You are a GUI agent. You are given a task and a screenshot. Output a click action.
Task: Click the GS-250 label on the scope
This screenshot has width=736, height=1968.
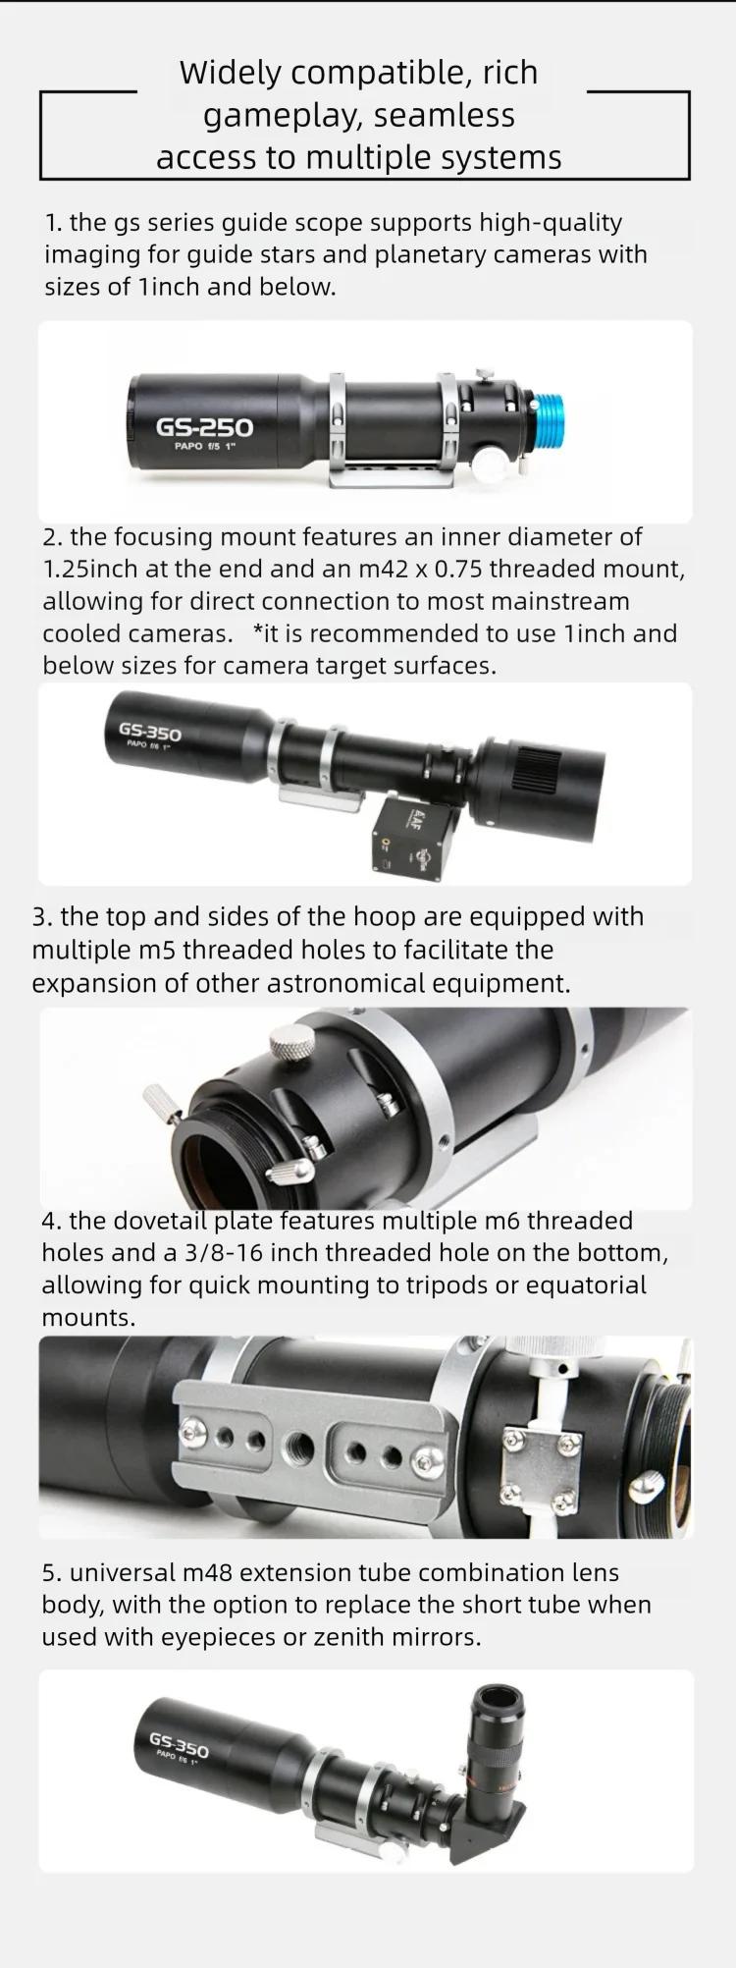pyautogui.click(x=204, y=427)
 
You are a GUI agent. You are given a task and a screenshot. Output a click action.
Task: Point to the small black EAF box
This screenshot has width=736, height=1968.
pyautogui.click(x=412, y=834)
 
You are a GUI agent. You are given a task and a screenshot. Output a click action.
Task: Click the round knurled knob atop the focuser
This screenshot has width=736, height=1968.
pyautogui.click(x=289, y=1039)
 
